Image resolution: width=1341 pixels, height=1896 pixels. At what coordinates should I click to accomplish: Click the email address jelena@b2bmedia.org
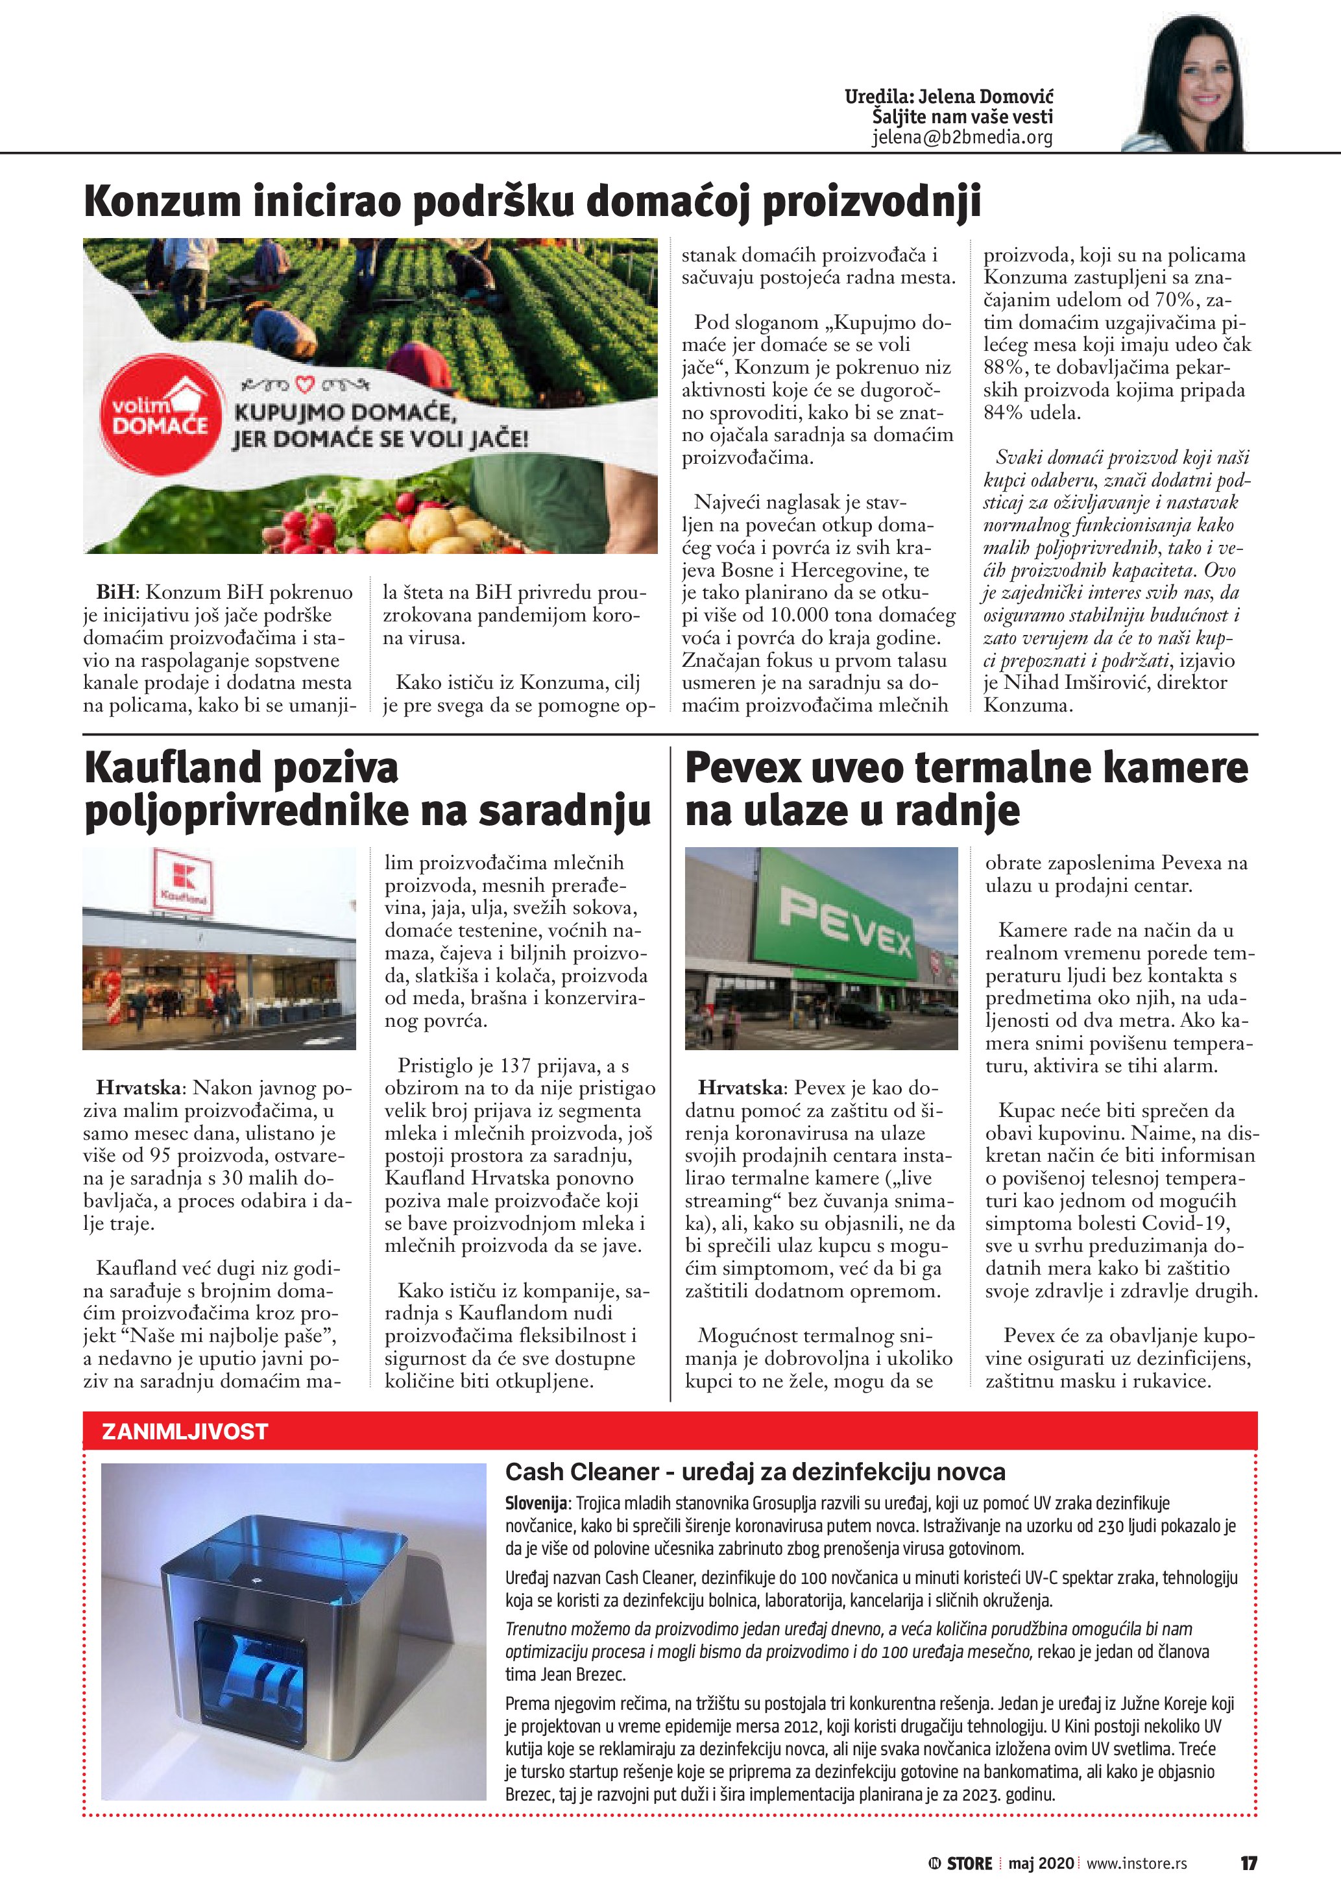962,138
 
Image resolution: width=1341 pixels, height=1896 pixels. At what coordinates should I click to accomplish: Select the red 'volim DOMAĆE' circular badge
161,415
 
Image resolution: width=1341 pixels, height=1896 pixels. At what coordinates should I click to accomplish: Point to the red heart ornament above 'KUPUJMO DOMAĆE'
306,384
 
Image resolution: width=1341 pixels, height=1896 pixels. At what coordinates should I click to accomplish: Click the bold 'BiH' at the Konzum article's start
115,592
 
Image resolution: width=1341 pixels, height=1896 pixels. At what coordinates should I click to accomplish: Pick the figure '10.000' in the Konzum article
805,615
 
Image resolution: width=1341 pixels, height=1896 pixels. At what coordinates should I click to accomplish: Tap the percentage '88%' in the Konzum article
1002,368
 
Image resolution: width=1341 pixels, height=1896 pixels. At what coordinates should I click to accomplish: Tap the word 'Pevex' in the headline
742,768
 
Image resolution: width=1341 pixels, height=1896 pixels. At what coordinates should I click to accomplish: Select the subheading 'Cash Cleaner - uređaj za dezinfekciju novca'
755,1472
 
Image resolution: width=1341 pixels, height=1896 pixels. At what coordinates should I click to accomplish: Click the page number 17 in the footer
1248,1863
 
